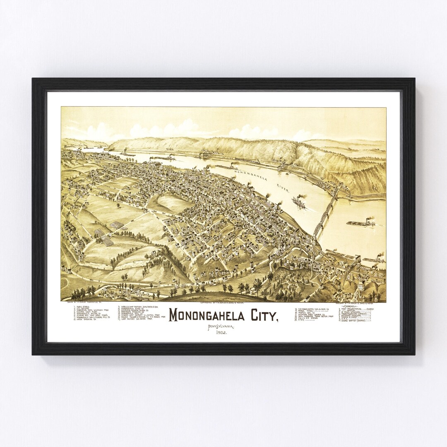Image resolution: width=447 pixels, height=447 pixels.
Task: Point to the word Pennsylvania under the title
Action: [221, 327]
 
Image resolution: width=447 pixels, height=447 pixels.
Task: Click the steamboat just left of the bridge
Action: [299, 202]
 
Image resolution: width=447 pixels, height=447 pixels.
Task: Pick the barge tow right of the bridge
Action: [361, 223]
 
